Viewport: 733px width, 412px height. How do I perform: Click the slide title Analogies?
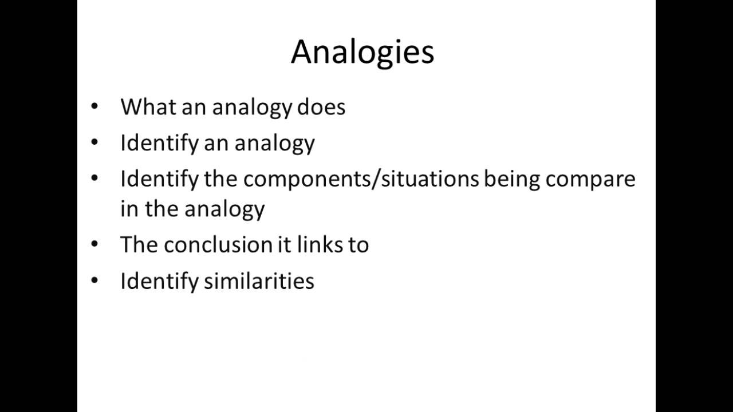[362, 52]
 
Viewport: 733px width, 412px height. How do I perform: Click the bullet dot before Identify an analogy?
[94, 142]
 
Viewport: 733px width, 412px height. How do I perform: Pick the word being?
[511, 179]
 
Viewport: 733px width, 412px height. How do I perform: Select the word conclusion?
[211, 245]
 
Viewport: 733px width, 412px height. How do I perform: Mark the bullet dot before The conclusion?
[94, 244]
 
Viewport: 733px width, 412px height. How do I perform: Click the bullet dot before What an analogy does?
[94, 106]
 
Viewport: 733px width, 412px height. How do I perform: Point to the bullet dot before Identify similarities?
[94, 280]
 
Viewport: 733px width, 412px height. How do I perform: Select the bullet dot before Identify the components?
[94, 178]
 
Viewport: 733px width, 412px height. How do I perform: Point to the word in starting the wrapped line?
[126, 209]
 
